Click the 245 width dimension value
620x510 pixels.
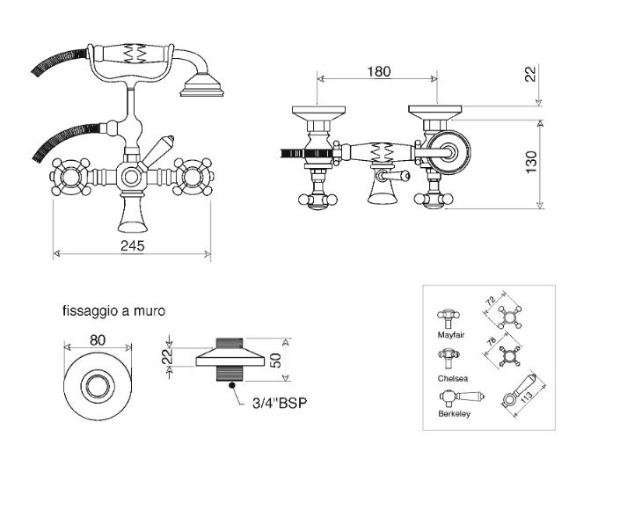coord(133,246)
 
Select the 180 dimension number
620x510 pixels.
coord(379,71)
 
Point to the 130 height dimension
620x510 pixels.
coord(531,162)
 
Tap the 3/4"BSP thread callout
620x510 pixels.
coord(280,403)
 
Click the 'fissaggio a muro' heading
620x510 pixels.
coord(113,310)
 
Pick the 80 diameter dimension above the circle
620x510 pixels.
coord(98,340)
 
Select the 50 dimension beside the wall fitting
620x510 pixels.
coord(275,360)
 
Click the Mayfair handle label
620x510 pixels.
coord(451,335)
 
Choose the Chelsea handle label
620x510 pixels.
coord(453,378)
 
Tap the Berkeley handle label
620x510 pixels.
coord(455,414)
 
